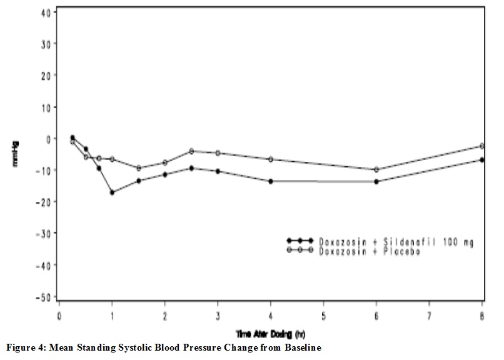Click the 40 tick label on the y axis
coord(46,12)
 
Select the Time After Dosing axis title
coord(270,335)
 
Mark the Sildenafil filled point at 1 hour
coord(112,192)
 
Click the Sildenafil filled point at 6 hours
coord(376,181)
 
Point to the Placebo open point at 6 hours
coord(376,169)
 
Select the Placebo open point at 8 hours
coord(481,146)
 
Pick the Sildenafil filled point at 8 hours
coord(481,160)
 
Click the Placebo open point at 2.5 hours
coord(191,151)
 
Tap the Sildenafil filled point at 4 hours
coord(270,181)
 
